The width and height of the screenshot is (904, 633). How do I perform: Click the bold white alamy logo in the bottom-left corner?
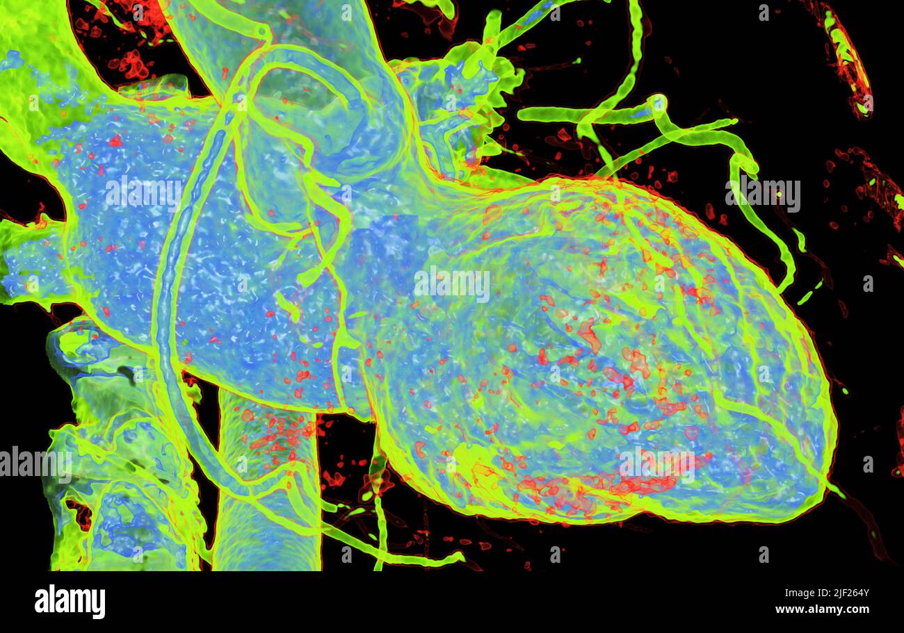point(70,601)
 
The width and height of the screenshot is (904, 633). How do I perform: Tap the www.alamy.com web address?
point(822,609)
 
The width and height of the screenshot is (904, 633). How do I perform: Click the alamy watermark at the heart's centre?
point(451,284)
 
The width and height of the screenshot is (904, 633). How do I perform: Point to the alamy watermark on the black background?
point(763,195)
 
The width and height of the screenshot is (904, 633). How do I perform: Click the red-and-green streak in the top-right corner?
point(848,59)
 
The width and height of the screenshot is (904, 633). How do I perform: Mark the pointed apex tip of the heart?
point(828,479)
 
